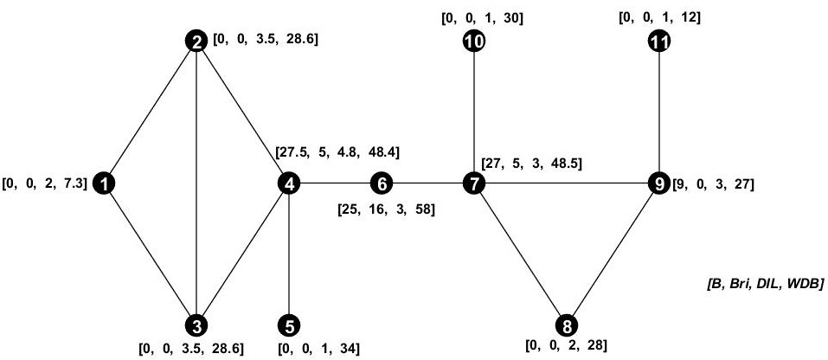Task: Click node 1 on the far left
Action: pos(104,183)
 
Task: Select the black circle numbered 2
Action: pos(197,41)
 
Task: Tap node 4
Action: pos(288,183)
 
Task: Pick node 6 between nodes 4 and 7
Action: pos(381,183)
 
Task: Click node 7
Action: pos(474,183)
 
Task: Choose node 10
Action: pos(474,41)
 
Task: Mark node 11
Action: pos(659,41)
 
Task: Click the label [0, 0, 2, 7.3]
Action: pos(46,183)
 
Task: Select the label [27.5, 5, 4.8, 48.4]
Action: pos(337,152)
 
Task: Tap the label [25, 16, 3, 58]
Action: pos(386,209)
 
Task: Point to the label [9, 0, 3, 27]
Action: pos(714,184)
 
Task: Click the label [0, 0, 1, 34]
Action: pos(318,348)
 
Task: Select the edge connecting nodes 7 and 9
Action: pos(567,183)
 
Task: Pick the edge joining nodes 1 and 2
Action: pos(151,112)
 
